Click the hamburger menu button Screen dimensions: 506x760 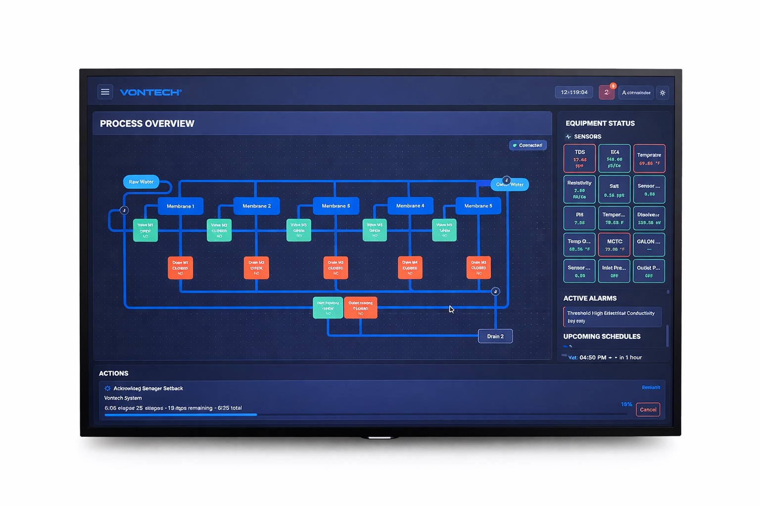pyautogui.click(x=105, y=92)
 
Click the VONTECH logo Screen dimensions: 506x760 pyautogui.click(x=150, y=92)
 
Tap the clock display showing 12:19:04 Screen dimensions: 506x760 pyautogui.click(x=574, y=92)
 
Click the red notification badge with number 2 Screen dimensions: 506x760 pyautogui.click(x=607, y=92)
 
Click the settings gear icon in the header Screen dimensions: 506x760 pyautogui.click(x=663, y=93)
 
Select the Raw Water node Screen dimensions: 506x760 pyautogui.click(x=141, y=182)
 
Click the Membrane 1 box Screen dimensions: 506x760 pyautogui.click(x=180, y=206)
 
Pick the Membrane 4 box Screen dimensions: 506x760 pyautogui.click(x=410, y=206)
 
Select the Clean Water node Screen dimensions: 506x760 pyautogui.click(x=510, y=185)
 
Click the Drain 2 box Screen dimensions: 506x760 pyautogui.click(x=495, y=337)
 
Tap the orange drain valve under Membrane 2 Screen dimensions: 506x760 pyautogui.click(x=256, y=268)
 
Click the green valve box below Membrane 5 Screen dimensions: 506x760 pyautogui.click(x=444, y=230)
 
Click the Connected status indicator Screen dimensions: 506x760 pyautogui.click(x=527, y=145)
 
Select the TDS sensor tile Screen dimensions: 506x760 pyautogui.click(x=579, y=158)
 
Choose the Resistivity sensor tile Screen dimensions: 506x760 pyautogui.click(x=579, y=189)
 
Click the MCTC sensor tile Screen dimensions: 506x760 pyautogui.click(x=614, y=245)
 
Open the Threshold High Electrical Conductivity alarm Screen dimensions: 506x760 pyautogui.click(x=612, y=317)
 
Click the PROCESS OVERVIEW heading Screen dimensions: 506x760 pyautogui.click(x=147, y=124)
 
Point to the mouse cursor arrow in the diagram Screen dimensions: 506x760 pyautogui.click(x=451, y=309)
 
